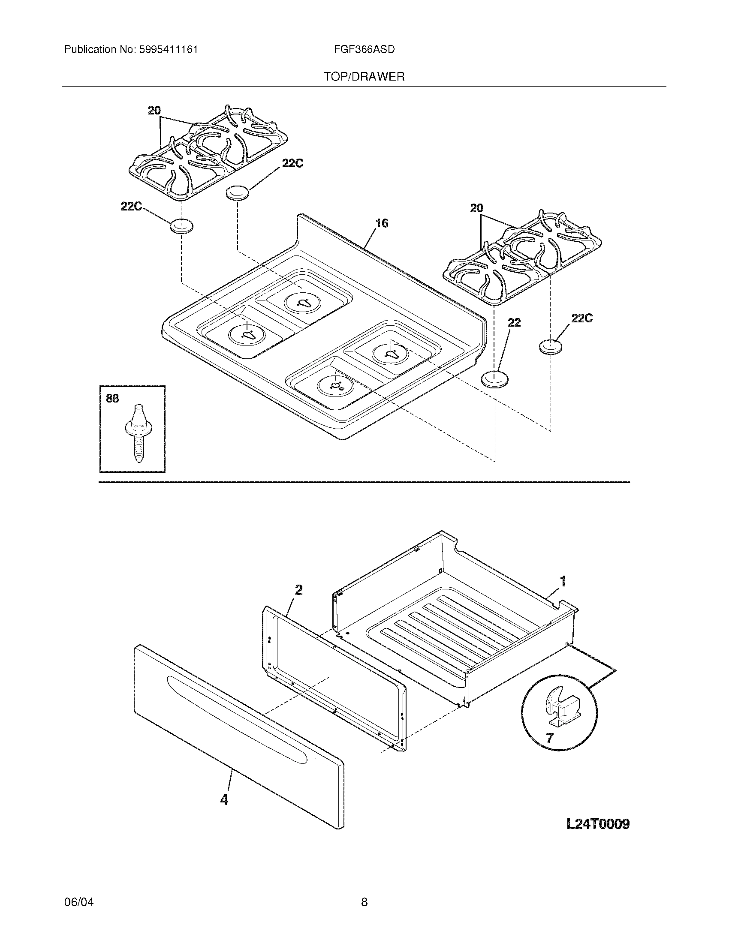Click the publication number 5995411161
click(169, 50)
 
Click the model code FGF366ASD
click(364, 50)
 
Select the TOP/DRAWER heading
click(364, 77)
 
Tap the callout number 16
click(382, 223)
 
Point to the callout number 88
click(112, 399)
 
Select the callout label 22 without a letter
click(514, 322)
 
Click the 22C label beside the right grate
click(582, 318)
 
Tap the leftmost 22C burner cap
click(181, 226)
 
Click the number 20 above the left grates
click(154, 111)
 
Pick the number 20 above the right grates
click(476, 209)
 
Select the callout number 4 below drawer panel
click(224, 800)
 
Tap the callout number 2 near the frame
click(298, 590)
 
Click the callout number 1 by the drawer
click(563, 581)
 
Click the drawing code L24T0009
click(598, 824)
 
